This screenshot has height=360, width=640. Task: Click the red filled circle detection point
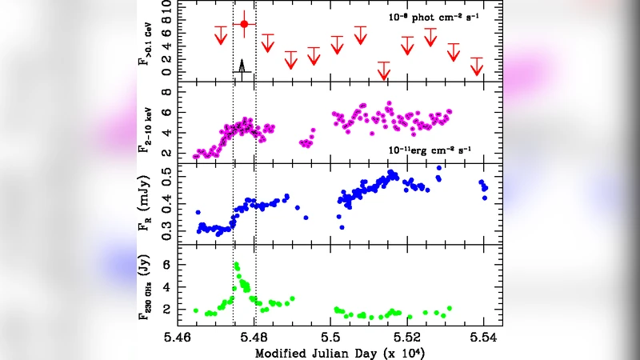(245, 25)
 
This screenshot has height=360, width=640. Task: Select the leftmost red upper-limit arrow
(220, 36)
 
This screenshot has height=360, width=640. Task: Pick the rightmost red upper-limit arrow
(478, 66)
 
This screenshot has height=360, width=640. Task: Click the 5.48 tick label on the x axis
(255, 338)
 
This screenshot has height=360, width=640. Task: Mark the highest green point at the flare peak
(237, 265)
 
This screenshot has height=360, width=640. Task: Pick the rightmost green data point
(450, 308)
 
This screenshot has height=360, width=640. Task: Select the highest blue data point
(438, 168)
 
